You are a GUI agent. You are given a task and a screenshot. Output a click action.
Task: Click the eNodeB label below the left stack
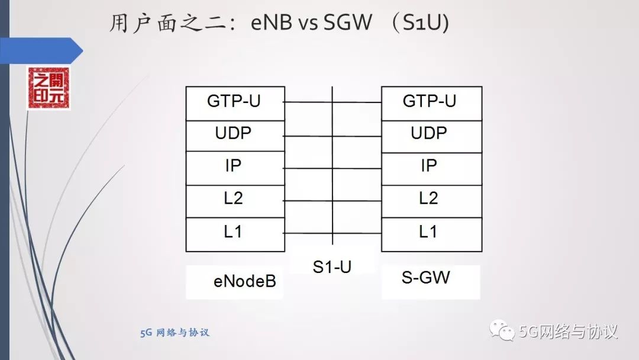tap(244, 281)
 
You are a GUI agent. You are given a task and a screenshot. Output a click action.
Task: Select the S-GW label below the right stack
tap(426, 277)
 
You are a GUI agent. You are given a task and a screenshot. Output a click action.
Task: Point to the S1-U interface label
tap(332, 267)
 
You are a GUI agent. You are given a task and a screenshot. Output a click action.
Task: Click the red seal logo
tap(48, 88)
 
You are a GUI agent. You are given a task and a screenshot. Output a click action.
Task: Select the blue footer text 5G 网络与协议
tap(175, 333)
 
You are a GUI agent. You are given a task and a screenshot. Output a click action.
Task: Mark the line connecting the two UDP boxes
tap(332, 136)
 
